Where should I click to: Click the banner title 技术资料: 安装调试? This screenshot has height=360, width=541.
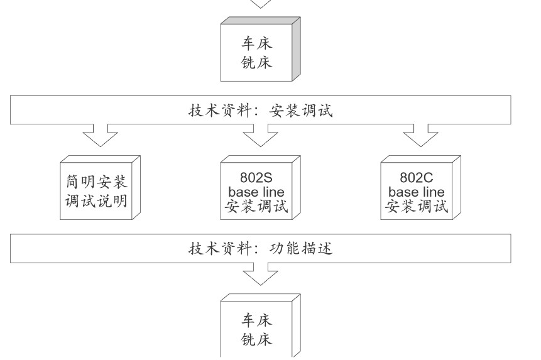[x=261, y=111]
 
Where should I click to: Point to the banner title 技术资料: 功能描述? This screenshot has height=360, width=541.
[x=261, y=248]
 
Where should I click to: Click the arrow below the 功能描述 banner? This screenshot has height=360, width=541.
[x=260, y=274]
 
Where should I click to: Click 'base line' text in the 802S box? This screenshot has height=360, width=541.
[x=256, y=192]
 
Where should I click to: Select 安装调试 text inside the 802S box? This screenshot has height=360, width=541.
[x=256, y=205]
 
